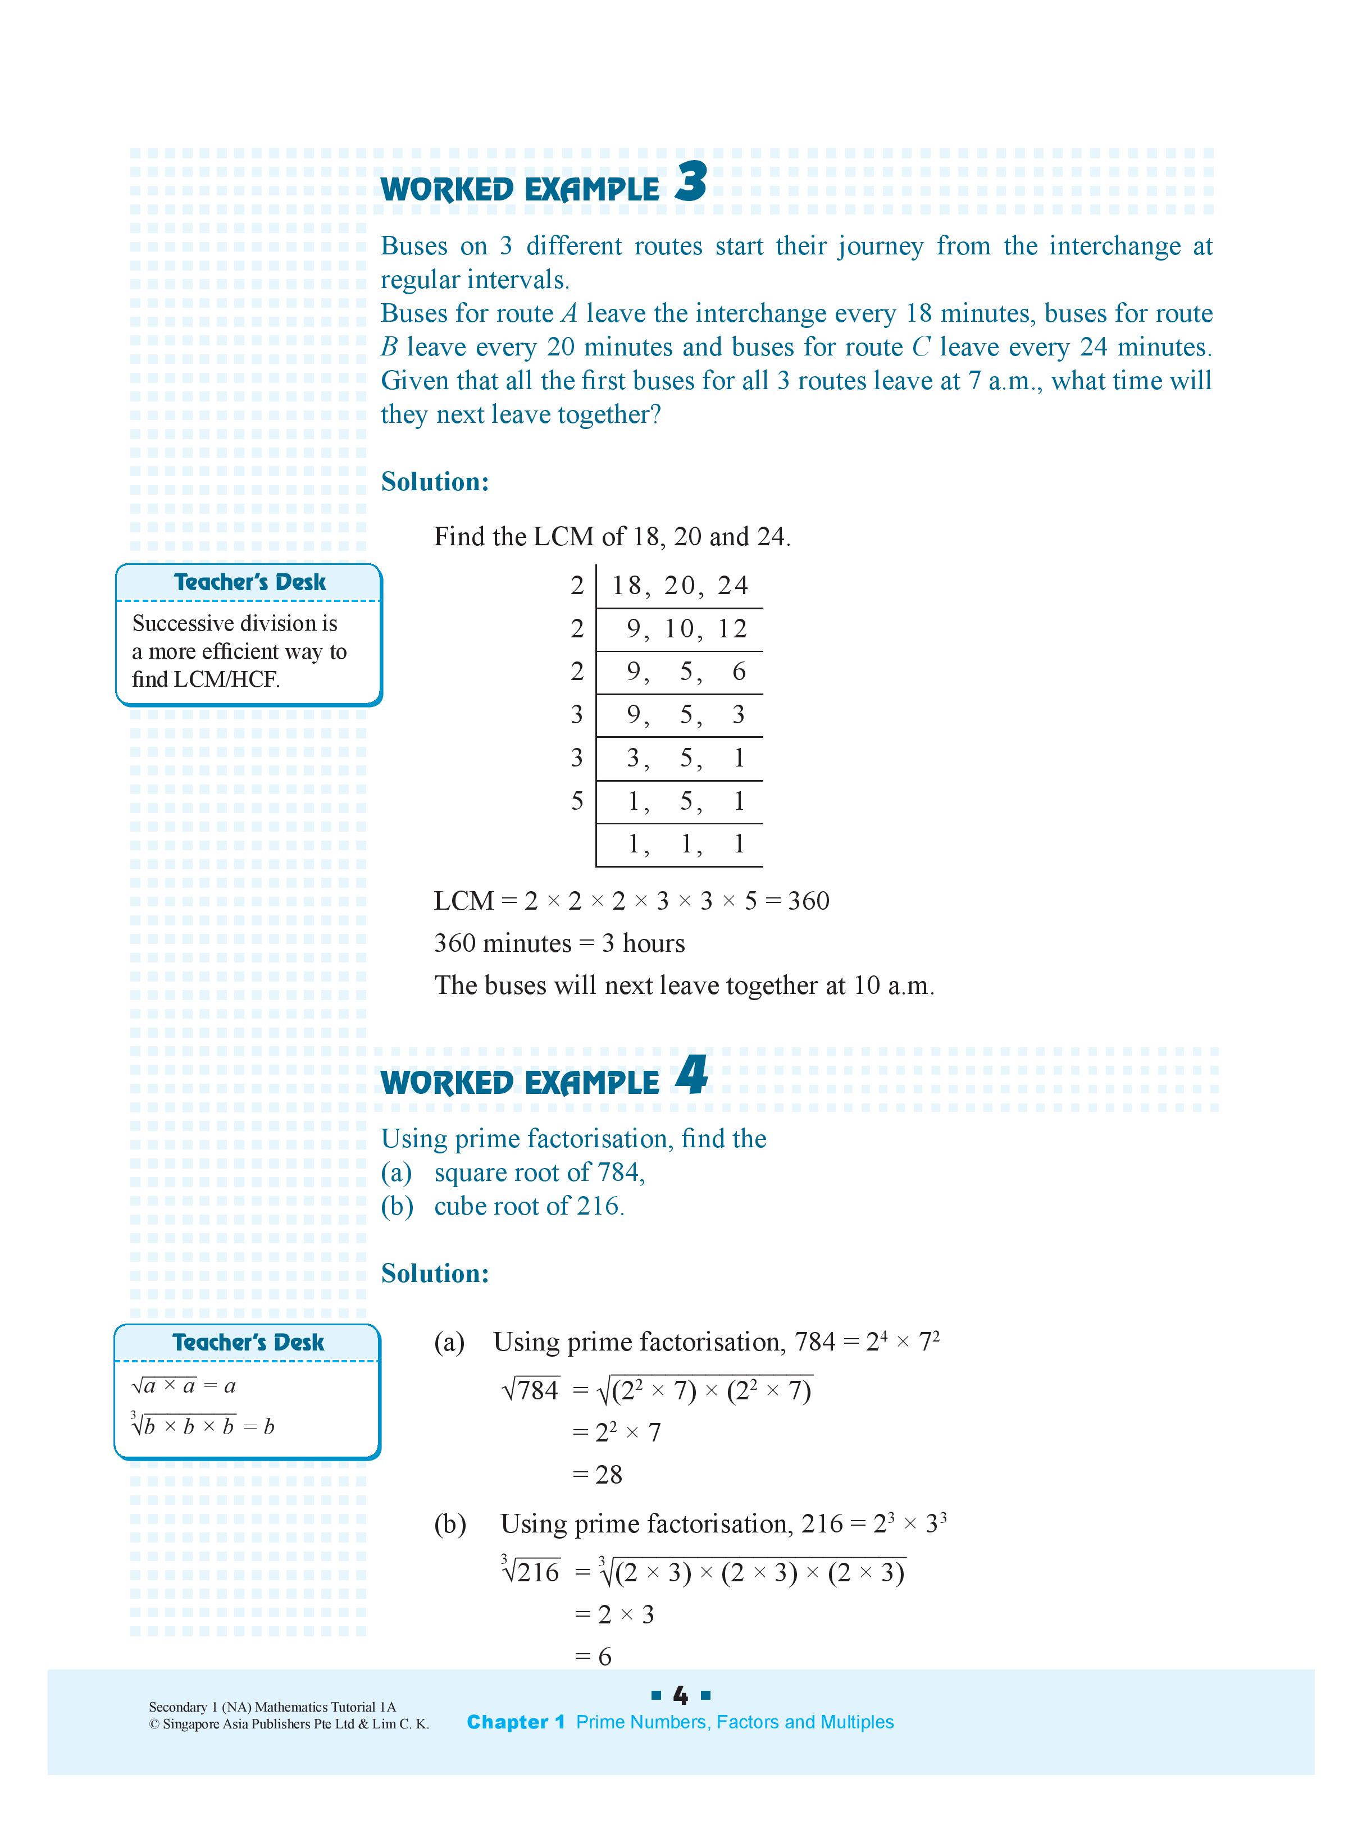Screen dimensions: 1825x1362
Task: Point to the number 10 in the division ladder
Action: pyautogui.click(x=680, y=629)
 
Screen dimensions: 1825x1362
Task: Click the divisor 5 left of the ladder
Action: pyautogui.click(x=577, y=800)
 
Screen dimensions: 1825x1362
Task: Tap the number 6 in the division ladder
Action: pyautogui.click(x=739, y=672)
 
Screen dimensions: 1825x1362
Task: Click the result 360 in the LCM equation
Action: pyautogui.click(x=808, y=900)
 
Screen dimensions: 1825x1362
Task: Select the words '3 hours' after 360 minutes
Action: pyautogui.click(x=643, y=943)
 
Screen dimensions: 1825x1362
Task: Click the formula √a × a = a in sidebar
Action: pyautogui.click(x=184, y=1386)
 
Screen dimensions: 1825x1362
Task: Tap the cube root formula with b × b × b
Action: pyautogui.click(x=202, y=1426)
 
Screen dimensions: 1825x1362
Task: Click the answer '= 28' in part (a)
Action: pyautogui.click(x=598, y=1475)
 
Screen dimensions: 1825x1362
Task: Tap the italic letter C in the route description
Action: pyautogui.click(x=921, y=347)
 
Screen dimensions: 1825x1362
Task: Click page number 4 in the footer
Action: pyautogui.click(x=680, y=1696)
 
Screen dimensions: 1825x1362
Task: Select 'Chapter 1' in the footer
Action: pyautogui.click(x=515, y=1722)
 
